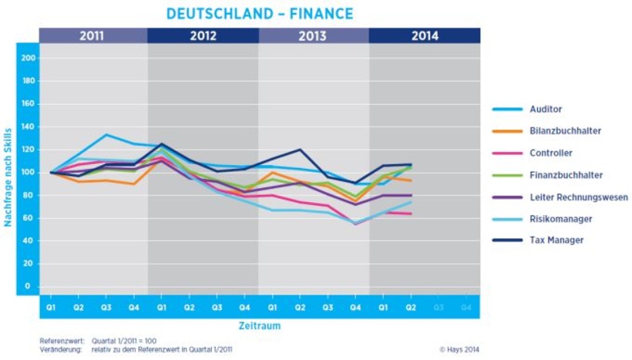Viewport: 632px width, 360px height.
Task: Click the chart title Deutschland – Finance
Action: click(x=260, y=13)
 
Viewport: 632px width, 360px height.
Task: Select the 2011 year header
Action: click(x=92, y=35)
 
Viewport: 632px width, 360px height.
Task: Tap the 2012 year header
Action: click(x=203, y=35)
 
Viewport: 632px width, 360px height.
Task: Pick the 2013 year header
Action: click(x=314, y=35)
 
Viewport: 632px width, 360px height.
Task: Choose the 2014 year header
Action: click(x=425, y=35)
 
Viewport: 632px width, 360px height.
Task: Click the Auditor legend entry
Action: click(x=546, y=109)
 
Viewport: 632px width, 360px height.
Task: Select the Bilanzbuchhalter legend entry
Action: click(x=565, y=131)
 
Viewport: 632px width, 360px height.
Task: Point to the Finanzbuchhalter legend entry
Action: click(x=566, y=175)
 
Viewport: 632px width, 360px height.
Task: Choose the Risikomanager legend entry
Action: click(x=560, y=219)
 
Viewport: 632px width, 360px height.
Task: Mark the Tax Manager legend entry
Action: click(x=556, y=241)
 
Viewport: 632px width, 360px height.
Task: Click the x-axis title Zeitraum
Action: click(x=259, y=326)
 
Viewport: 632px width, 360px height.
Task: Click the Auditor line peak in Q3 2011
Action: click(x=106, y=135)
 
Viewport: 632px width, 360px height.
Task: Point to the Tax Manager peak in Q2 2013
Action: click(x=301, y=150)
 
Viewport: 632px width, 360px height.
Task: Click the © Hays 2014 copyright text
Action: click(x=459, y=349)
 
